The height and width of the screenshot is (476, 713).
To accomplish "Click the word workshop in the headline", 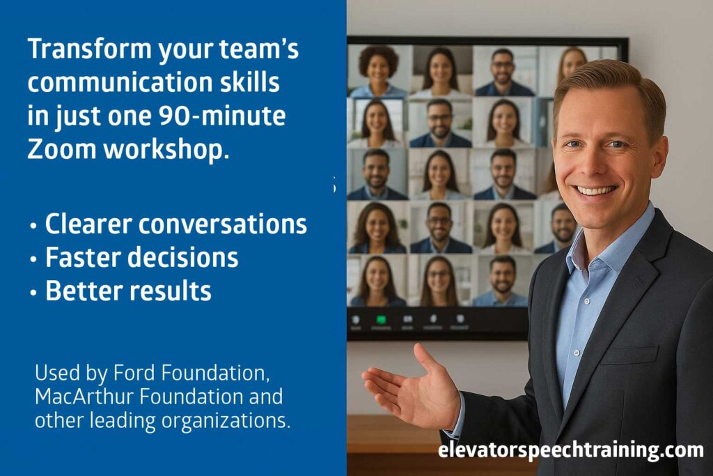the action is pyautogui.click(x=164, y=149).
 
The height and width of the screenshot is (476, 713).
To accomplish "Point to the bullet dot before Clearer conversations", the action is pyautogui.click(x=33, y=225).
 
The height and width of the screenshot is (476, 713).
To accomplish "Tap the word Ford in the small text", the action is pyautogui.click(x=134, y=373).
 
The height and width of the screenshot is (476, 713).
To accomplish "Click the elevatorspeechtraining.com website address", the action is pyautogui.click(x=571, y=450).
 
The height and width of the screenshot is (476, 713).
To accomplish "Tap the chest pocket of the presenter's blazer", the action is pyautogui.click(x=629, y=353).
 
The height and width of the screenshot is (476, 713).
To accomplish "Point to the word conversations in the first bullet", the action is pyautogui.click(x=222, y=224).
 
